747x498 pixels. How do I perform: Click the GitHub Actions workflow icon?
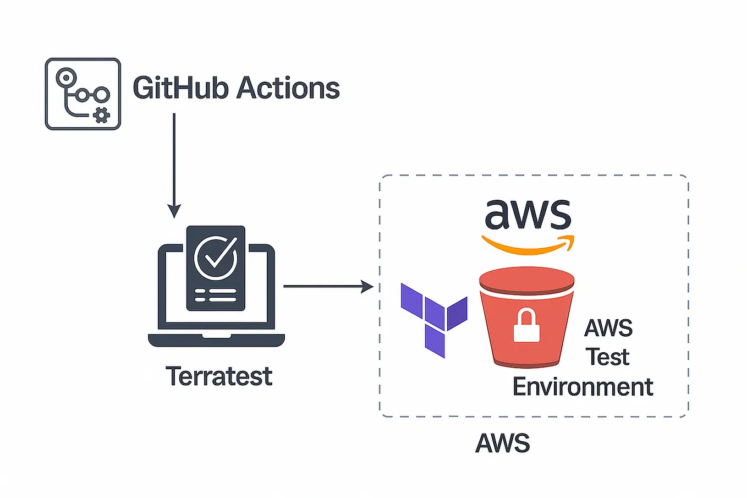(83, 94)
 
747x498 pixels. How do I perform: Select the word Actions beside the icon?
(288, 88)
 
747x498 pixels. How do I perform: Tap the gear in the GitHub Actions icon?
(102, 116)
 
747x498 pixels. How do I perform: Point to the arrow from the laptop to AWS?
(325, 286)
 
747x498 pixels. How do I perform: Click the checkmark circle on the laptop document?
(216, 258)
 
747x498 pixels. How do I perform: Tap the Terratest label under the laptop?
(219, 376)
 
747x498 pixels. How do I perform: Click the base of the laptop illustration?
(216, 340)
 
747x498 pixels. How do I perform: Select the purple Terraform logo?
(434, 319)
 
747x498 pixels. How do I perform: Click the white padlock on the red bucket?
(526, 326)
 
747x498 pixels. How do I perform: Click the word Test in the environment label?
(607, 357)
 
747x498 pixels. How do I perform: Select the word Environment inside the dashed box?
(583, 386)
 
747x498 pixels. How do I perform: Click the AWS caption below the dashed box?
(502, 443)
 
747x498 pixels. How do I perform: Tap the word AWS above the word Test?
(608, 328)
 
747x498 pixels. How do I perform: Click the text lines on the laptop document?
(216, 295)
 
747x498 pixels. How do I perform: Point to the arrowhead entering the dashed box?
(367, 286)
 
